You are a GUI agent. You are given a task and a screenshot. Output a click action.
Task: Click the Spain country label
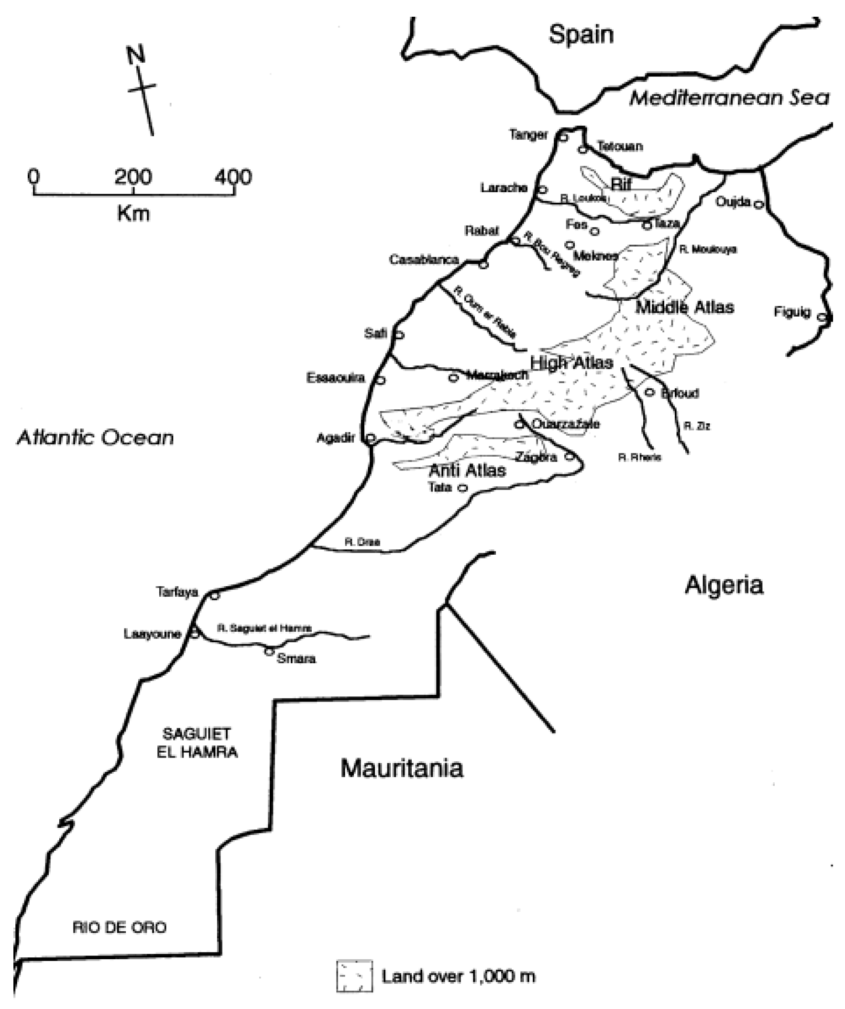tap(582, 34)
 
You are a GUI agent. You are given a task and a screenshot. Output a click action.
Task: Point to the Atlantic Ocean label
tap(95, 438)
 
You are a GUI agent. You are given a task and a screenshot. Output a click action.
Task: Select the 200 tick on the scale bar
tap(133, 178)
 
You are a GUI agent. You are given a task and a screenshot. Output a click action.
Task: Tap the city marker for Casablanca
tap(483, 265)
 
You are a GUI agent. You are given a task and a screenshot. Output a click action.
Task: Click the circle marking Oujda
tap(758, 205)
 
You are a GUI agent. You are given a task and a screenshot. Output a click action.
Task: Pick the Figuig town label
tap(792, 312)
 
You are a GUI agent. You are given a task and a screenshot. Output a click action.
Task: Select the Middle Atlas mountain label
tap(684, 307)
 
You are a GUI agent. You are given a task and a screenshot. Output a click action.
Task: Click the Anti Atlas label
tap(467, 470)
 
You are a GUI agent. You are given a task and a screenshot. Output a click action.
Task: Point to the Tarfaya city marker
tap(215, 596)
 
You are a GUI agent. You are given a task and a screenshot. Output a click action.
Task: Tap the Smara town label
tap(296, 658)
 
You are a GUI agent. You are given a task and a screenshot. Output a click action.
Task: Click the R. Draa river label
tap(362, 542)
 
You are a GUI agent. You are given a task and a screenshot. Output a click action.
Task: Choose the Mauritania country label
tap(402, 768)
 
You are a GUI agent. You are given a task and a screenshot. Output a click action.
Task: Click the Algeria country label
tap(724, 585)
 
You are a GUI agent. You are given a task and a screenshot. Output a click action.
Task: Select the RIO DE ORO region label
tap(120, 927)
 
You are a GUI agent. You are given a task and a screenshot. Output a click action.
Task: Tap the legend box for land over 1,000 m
tap(354, 976)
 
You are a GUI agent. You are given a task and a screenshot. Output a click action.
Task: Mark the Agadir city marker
tap(371, 438)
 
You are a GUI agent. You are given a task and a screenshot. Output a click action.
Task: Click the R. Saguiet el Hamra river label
tap(264, 628)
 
